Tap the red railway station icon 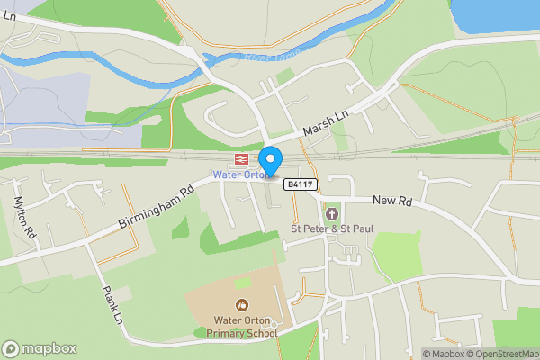(x=241, y=159)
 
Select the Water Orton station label (x=237, y=174)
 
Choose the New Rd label (x=391, y=200)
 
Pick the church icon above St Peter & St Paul (x=332, y=214)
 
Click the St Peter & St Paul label (x=331, y=229)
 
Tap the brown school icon (x=241, y=304)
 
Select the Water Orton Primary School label (x=242, y=326)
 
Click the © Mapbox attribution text (x=445, y=354)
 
